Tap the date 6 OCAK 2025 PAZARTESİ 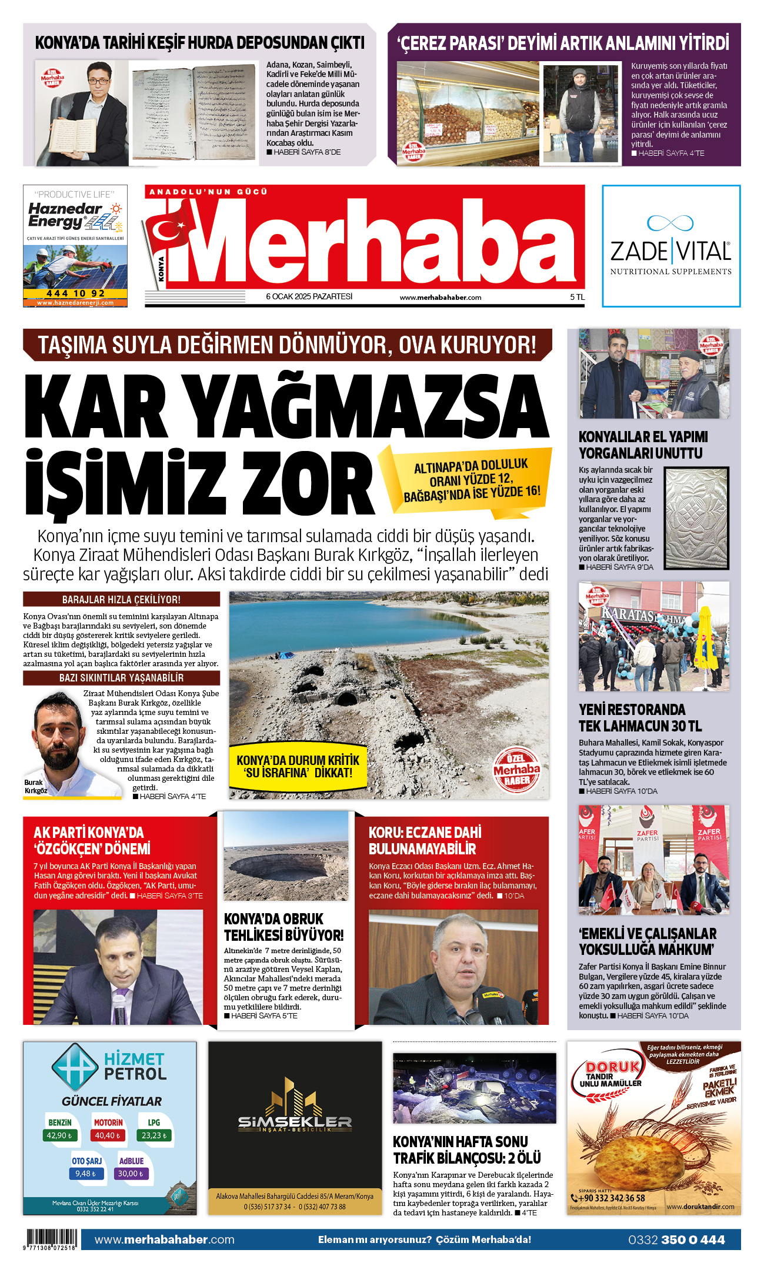click(x=309, y=296)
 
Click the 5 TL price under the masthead click(x=577, y=297)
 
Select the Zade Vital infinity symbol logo click(x=670, y=223)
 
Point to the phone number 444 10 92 click(x=75, y=293)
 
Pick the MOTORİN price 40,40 click(x=107, y=1135)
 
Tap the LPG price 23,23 click(x=154, y=1135)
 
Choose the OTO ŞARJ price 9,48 click(x=86, y=1174)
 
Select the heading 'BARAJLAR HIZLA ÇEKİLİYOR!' click(x=121, y=599)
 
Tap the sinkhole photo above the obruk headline click(x=286, y=856)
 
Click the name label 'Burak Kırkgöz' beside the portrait click(x=35, y=787)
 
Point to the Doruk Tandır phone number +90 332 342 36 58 click(x=611, y=1198)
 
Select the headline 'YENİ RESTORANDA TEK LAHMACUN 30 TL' click(x=640, y=717)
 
